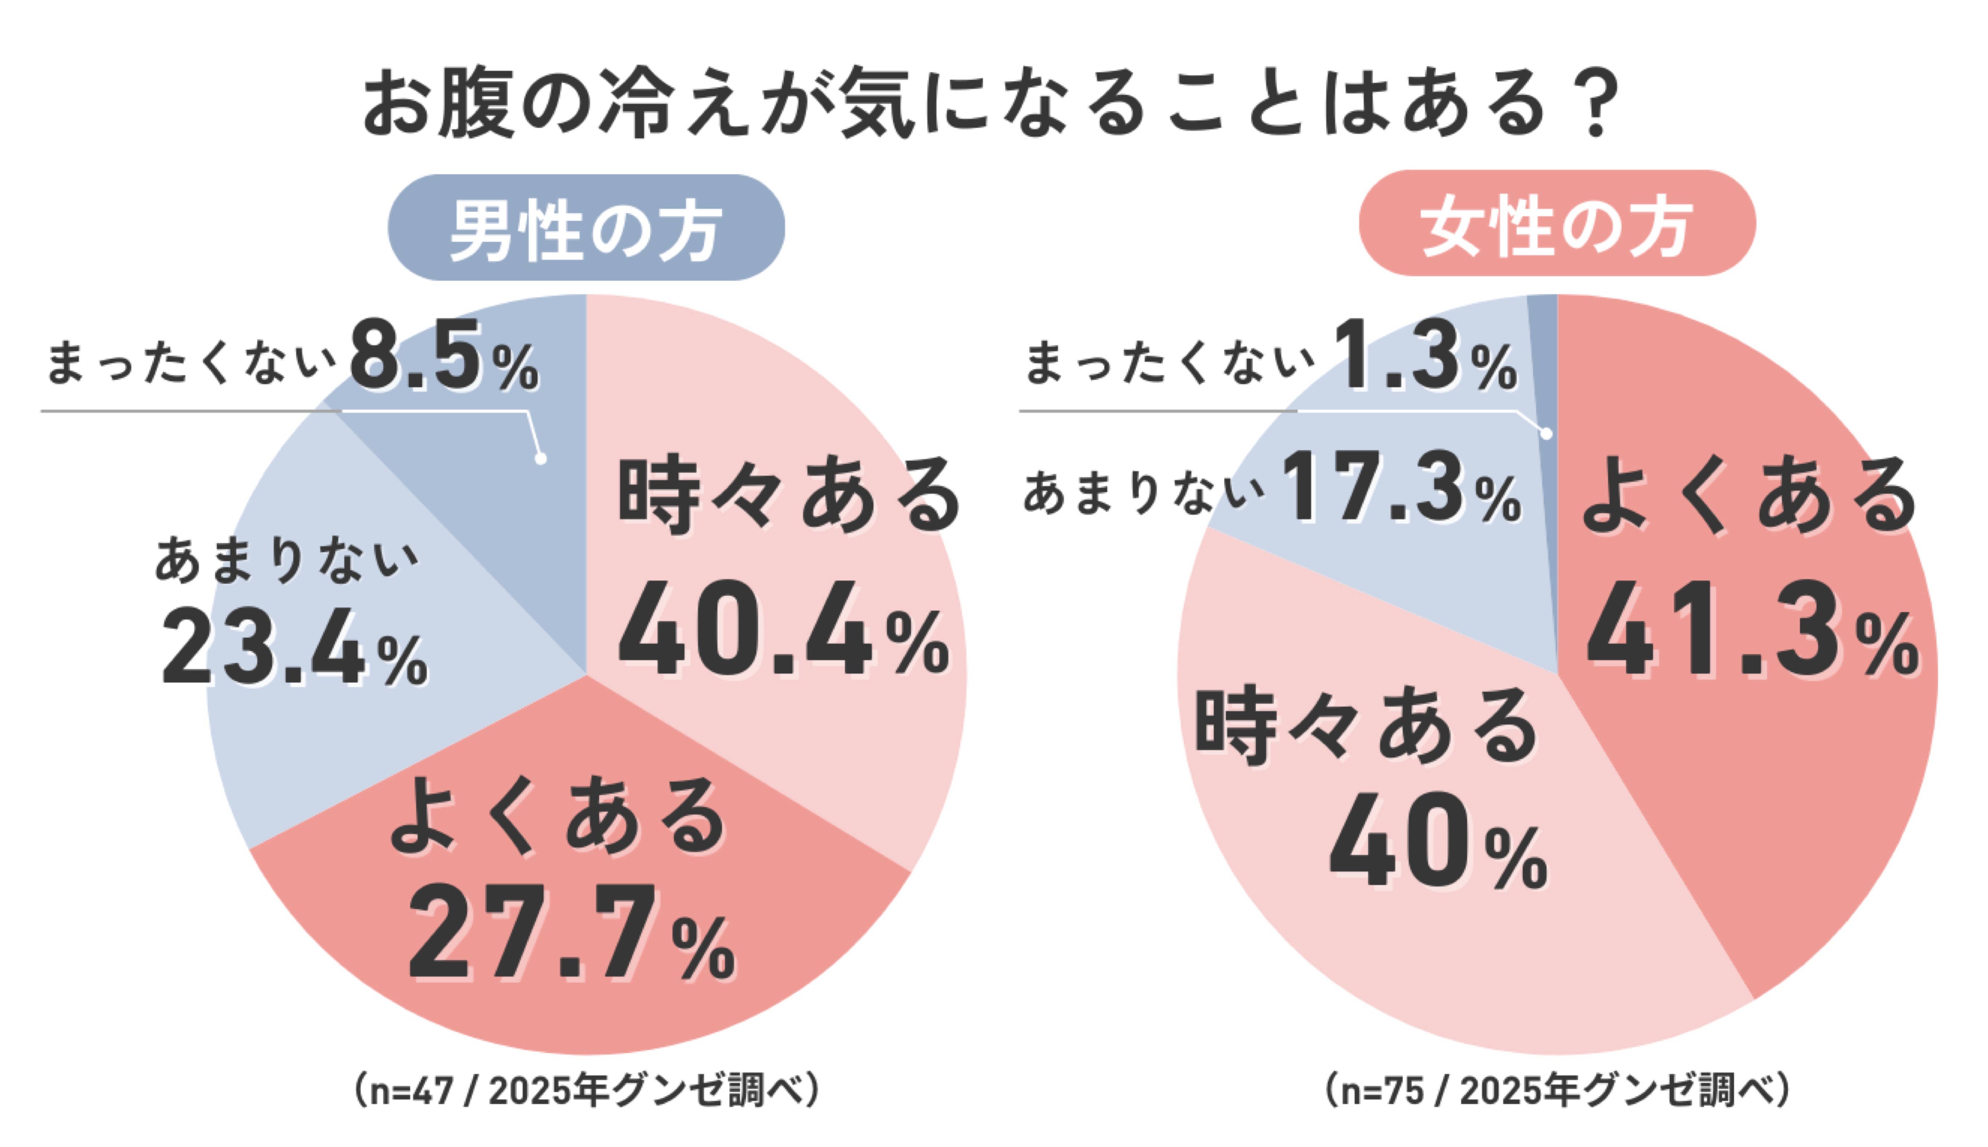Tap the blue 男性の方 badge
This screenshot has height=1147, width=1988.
point(586,228)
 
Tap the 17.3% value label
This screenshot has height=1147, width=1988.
point(1402,488)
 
